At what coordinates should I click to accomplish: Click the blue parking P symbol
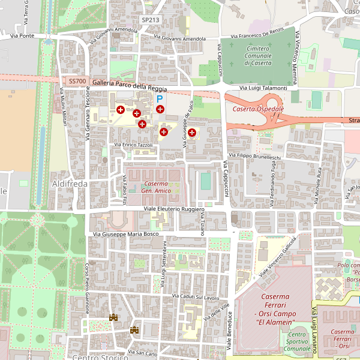(x=160, y=98)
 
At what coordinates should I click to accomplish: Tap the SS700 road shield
(x=77, y=81)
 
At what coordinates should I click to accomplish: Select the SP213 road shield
(x=151, y=20)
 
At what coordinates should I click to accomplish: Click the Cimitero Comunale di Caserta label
(x=250, y=55)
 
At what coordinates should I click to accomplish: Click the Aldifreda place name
(x=70, y=183)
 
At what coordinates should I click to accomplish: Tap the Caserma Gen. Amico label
(x=155, y=187)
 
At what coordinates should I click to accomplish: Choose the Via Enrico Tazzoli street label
(x=133, y=145)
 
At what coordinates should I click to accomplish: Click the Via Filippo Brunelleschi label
(x=259, y=157)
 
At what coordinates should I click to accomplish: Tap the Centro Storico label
(x=100, y=357)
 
